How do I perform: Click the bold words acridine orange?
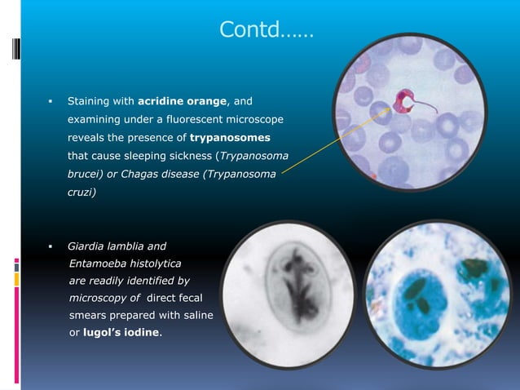point(185,102)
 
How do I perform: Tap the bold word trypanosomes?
point(230,137)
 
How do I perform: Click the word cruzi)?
point(82,191)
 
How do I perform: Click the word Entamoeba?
point(98,264)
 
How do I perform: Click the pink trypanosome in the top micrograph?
point(403,102)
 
